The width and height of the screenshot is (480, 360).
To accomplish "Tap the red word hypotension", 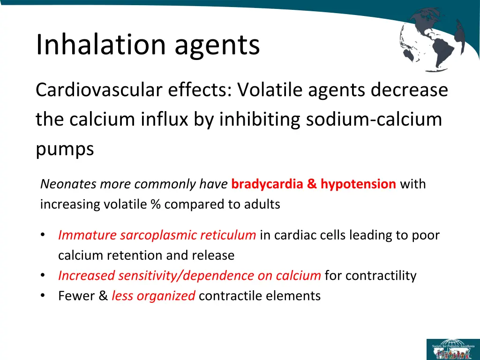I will (x=358, y=184).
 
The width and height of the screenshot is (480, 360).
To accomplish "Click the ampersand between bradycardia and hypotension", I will (x=312, y=184).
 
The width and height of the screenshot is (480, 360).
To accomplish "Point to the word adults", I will (x=264, y=205).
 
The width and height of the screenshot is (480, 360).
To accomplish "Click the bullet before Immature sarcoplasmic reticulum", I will (x=43, y=235).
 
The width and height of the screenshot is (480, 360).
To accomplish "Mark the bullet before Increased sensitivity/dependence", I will (x=43, y=276).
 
